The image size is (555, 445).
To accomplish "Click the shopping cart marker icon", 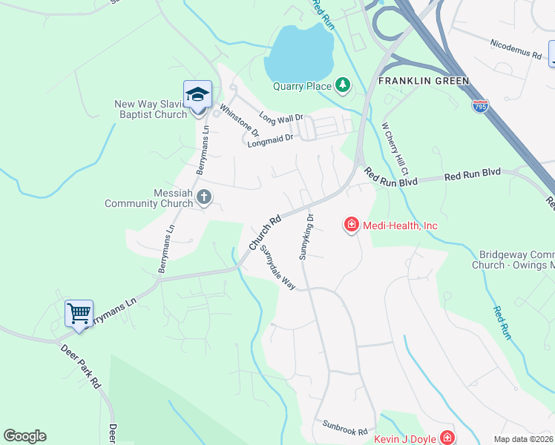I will point(79,312).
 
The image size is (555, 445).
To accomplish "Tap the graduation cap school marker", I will point(197,95).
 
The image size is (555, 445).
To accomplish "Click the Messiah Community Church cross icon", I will point(204,197).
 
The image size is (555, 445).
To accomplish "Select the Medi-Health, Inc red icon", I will point(351,224).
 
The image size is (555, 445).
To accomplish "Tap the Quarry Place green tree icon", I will point(342,86).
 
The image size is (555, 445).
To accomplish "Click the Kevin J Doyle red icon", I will point(447,438).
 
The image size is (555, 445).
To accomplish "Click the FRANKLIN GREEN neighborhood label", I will point(424,80).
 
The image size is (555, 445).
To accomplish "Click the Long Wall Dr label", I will point(281,117).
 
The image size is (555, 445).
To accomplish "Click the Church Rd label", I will point(265,232).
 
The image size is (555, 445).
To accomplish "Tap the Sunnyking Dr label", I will point(306,237).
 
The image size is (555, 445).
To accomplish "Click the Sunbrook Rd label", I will point(345,427).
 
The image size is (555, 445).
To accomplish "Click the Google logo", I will point(24,436).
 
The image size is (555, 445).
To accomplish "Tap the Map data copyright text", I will point(523,439).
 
